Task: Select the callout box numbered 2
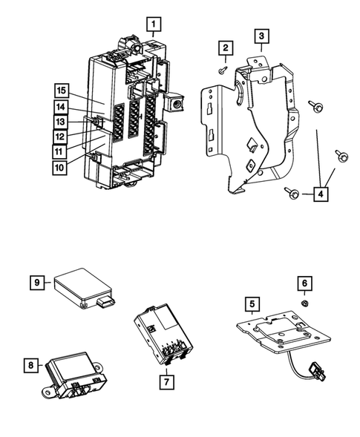point(222,48)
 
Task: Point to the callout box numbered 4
point(320,194)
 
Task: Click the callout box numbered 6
point(304,283)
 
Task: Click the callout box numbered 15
point(62,91)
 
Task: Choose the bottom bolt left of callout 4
point(292,194)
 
